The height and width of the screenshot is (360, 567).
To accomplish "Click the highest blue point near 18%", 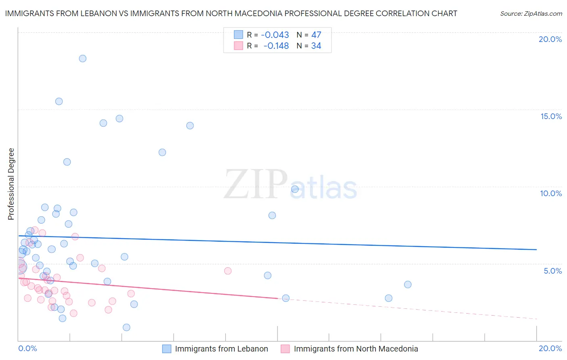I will [83, 59].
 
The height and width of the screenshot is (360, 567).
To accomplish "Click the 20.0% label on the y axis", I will [550, 39].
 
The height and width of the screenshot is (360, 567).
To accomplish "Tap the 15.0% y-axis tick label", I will [551, 116].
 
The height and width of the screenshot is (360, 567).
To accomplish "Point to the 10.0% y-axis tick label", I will [551, 193].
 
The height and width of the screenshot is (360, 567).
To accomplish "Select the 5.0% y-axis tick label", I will [552, 271].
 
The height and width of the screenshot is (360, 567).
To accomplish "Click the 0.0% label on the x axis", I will [27, 348].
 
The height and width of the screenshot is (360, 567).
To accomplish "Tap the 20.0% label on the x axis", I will [550, 348].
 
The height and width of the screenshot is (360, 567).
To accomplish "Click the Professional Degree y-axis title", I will [11, 184].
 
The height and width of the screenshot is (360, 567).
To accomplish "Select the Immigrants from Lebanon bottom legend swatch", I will [167, 349].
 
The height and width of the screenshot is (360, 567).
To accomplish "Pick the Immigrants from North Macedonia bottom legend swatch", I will [286, 349].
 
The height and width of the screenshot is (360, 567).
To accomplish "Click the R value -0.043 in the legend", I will [275, 35].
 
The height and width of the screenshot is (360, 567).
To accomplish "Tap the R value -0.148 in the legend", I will [276, 46].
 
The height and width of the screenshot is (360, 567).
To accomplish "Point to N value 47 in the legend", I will [316, 35].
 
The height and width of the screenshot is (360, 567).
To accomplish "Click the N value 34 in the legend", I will [316, 46].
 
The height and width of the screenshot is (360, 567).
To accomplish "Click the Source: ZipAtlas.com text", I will [531, 14].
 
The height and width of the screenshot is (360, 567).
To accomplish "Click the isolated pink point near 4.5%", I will [228, 271].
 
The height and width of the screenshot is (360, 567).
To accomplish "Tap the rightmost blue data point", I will [408, 285].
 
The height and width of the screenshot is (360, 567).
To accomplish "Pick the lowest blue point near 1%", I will [127, 327].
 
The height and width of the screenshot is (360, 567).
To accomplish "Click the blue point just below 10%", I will [295, 189].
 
